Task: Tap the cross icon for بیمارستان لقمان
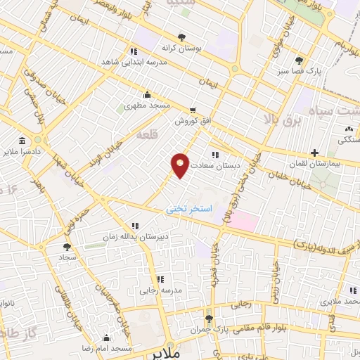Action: [314, 153]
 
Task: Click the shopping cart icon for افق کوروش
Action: [193, 110]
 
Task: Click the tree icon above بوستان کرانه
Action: [182, 37]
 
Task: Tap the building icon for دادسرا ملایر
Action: [22, 140]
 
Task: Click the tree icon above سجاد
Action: [67, 247]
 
